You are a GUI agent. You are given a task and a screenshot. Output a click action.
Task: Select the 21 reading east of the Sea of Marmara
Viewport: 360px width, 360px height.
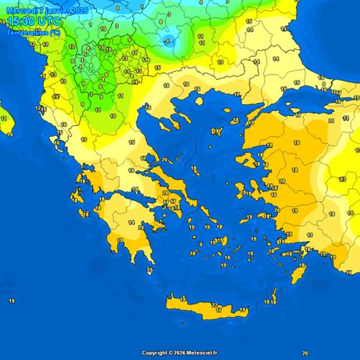[x=332, y=121]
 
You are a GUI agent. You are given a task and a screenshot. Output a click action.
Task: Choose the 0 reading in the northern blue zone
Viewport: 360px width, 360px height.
[x=117, y=9]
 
